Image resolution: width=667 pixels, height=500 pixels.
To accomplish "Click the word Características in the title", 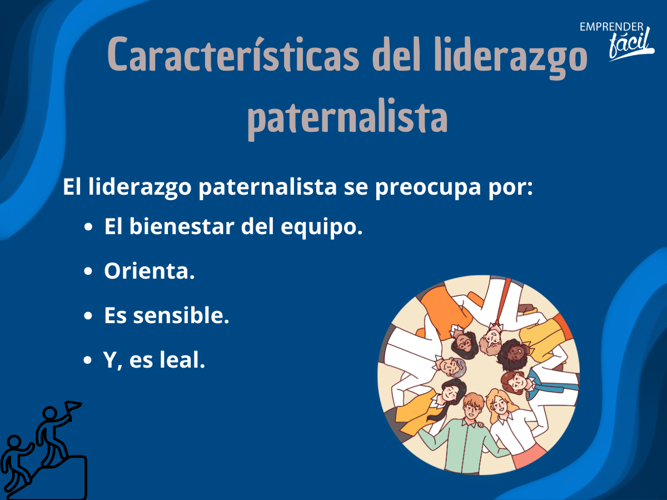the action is [233, 55].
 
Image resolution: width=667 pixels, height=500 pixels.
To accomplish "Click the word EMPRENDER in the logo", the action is [611, 27].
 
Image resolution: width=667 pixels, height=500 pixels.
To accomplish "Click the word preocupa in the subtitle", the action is [428, 187].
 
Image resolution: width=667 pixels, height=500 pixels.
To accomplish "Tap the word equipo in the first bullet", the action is [321, 228].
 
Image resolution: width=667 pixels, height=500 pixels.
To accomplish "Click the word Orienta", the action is [149, 271].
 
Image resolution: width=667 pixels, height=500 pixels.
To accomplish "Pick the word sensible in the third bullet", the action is [181, 315].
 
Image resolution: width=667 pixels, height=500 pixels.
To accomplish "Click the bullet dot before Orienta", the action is [88, 271].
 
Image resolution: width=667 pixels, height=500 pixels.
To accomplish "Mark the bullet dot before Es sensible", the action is [88, 315].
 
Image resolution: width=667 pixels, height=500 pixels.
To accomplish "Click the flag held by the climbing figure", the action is [72, 406].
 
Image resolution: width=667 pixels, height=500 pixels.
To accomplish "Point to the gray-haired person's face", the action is [449, 367].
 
